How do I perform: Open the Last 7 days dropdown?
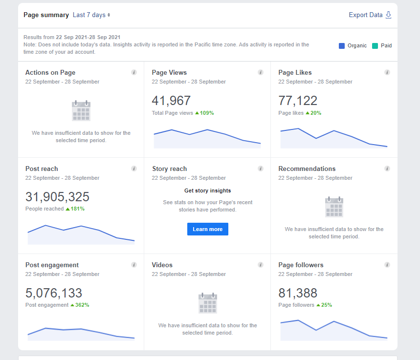tap(91, 15)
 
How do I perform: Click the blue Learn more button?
tap(208, 229)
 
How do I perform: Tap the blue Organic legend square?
tap(341, 46)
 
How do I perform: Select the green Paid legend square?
tap(375, 46)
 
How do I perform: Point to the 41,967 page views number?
tap(171, 101)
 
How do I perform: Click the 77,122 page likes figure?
tap(298, 101)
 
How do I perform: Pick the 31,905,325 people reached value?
tap(57, 197)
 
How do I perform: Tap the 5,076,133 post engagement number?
tap(54, 293)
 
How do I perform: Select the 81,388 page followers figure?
tap(298, 293)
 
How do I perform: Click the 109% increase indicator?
tap(204, 113)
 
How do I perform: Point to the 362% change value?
tap(80, 305)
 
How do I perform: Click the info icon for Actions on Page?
tap(134, 72)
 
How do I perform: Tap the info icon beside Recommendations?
tap(387, 169)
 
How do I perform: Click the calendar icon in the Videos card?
tap(208, 303)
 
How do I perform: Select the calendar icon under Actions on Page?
tap(81, 110)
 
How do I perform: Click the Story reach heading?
tap(170, 169)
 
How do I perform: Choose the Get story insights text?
tap(208, 191)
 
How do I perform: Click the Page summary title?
tap(46, 15)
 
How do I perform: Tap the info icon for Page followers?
tap(387, 265)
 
